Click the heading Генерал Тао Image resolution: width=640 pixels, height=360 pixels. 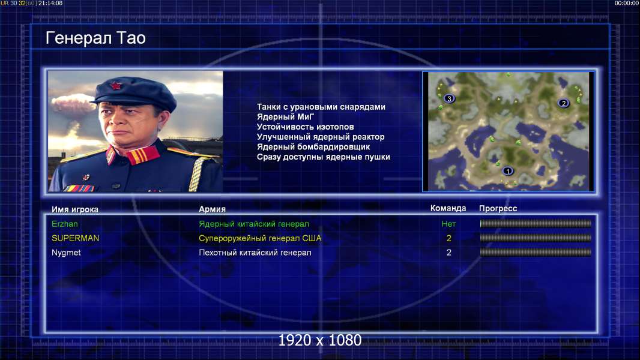click(95, 38)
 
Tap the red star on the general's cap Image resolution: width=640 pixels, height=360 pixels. click(116, 86)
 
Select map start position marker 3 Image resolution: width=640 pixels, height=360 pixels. click(449, 98)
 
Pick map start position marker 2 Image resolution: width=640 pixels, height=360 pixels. click(564, 103)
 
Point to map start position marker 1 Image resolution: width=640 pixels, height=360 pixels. click(508, 171)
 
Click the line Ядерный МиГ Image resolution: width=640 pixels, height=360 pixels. click(286, 116)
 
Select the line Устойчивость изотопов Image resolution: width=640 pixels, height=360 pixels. click(306, 127)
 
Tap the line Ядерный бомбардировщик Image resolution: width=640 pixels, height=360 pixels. click(313, 147)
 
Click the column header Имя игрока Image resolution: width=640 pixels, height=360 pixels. click(74, 209)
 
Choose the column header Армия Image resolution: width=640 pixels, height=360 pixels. click(213, 209)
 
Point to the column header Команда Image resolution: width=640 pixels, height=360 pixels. click(448, 208)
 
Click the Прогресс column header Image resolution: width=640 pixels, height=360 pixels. click(498, 208)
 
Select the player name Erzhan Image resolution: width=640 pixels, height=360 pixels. click(64, 224)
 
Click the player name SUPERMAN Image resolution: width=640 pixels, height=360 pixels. click(75, 238)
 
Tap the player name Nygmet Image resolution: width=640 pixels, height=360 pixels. click(66, 253)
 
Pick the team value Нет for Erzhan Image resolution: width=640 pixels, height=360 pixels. click(448, 224)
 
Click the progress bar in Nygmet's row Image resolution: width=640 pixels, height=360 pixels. click(536, 253)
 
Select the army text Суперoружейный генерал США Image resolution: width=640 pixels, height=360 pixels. click(260, 238)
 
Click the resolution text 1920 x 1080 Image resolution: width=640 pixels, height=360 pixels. click(320, 340)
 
